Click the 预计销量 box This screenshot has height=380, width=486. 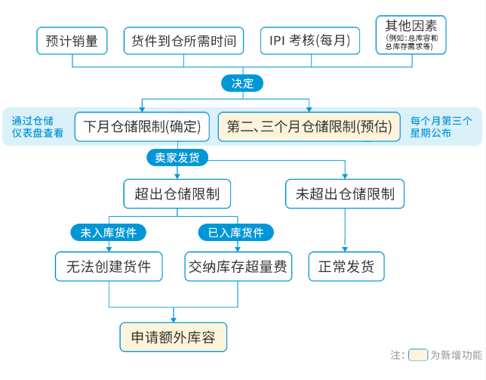pos(72,41)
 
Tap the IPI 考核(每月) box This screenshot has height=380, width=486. pos(309,41)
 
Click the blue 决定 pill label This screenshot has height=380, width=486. pos(242,83)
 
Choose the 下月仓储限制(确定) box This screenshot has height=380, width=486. pos(142,126)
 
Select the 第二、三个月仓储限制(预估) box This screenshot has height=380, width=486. pos(309,126)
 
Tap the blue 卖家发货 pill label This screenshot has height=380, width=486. pos(177,156)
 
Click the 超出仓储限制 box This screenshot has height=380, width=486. pos(177,193)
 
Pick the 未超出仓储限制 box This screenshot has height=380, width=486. pos(345,193)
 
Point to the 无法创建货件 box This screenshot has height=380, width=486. pos(109,267)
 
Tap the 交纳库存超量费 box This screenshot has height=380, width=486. pos(238,267)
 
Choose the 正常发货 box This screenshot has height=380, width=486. pos(346,267)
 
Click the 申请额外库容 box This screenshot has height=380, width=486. pos(173,337)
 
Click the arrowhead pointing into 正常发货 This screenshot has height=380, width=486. pos(346,248)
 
